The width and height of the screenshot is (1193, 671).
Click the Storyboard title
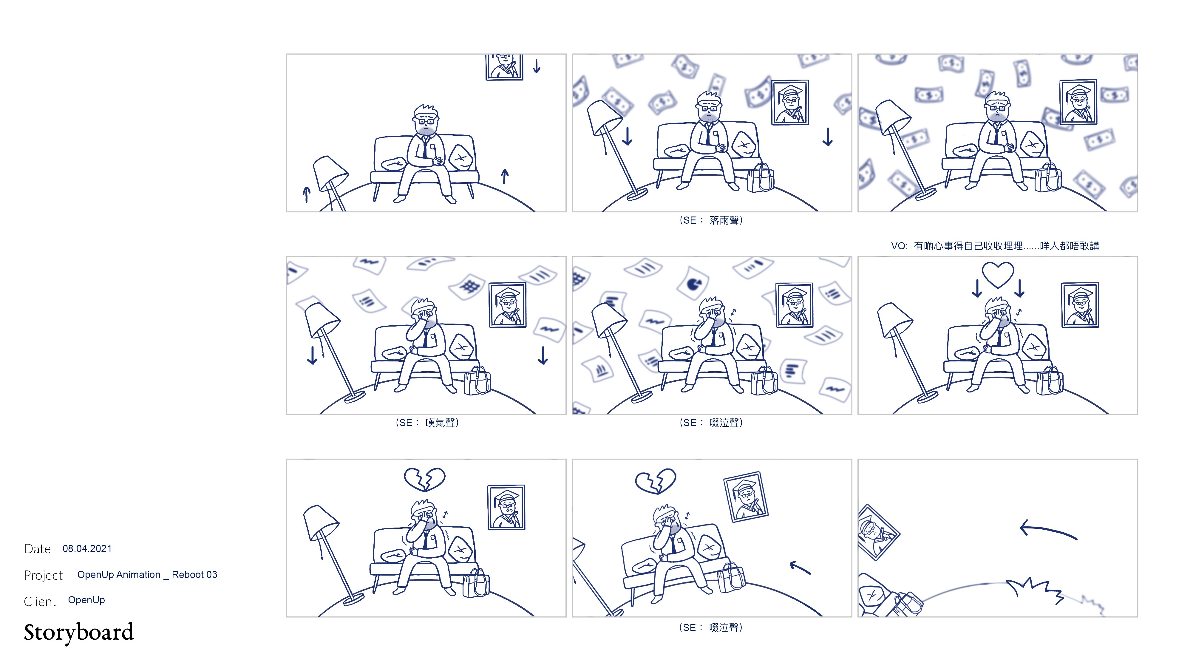coord(79,633)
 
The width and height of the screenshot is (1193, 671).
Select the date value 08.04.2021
coord(87,549)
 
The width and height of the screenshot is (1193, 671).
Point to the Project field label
coord(43,575)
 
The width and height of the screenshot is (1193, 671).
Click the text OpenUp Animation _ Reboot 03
coord(147,575)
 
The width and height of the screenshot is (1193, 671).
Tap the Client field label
coord(40,602)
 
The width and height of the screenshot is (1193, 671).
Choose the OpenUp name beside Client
coord(86,600)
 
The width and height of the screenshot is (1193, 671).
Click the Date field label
coord(37,549)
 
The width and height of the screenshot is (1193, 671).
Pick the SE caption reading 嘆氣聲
coord(427,423)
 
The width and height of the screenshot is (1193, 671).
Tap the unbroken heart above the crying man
coord(998,275)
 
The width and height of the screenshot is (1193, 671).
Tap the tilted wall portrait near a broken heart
coord(746,497)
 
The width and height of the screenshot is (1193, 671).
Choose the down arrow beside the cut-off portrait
coord(537,65)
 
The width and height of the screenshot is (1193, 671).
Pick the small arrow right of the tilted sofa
coord(800,568)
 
